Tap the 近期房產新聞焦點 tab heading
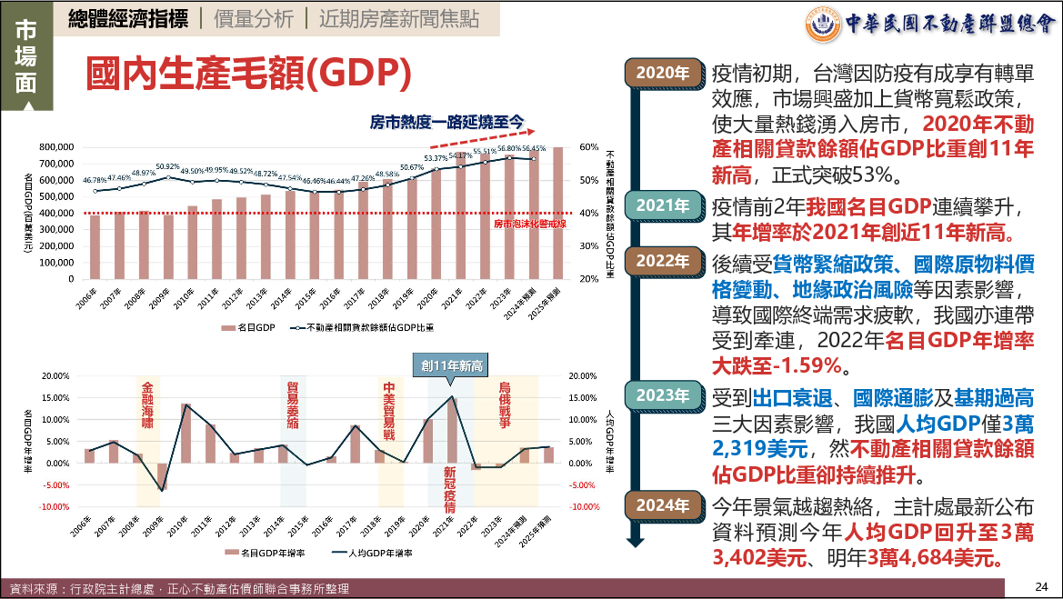(398, 18)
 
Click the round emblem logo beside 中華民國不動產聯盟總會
(824, 23)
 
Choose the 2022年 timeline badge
(663, 262)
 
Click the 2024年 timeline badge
(663, 506)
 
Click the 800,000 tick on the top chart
(55, 147)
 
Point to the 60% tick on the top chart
(589, 147)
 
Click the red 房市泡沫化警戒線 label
(529, 222)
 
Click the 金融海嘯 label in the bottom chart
(147, 405)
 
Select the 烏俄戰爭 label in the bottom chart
(506, 405)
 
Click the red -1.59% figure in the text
(813, 366)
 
